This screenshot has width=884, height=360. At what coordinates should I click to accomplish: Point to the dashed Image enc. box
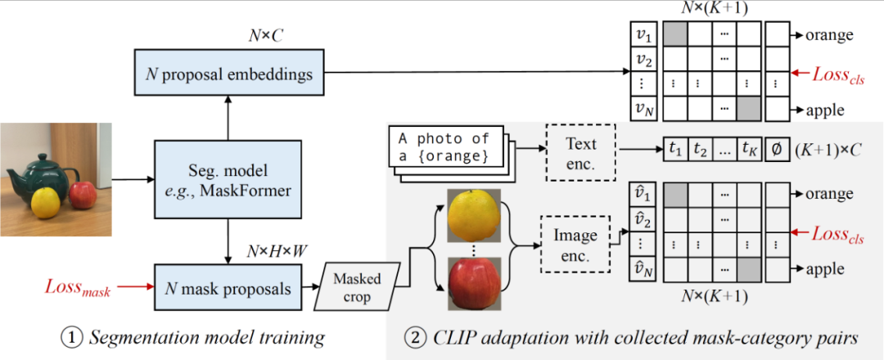pyautogui.click(x=577, y=244)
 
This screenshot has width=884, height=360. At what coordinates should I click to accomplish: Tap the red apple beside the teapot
pyautogui.click(x=82, y=195)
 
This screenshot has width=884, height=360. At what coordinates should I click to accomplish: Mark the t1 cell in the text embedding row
pyautogui.click(x=675, y=150)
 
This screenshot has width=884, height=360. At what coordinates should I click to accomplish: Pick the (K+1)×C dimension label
pyautogui.click(x=830, y=150)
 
